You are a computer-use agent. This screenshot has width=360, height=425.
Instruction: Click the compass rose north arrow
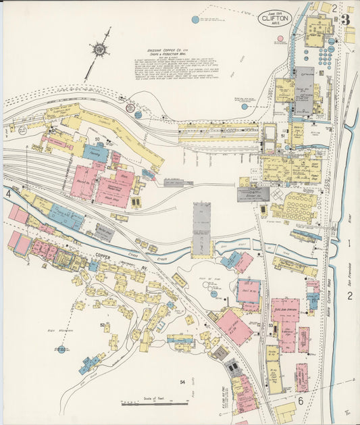(99, 49)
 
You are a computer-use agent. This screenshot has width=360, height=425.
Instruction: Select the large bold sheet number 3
(345, 20)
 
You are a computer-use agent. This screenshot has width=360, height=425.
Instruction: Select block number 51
(282, 135)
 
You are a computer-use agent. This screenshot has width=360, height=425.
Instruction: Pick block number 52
(103, 325)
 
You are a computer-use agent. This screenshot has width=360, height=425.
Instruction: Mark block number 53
(269, 326)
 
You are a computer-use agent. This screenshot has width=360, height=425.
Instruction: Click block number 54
(182, 382)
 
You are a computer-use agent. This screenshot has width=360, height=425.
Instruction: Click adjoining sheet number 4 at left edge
(9, 194)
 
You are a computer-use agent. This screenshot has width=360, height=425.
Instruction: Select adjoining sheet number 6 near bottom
(301, 401)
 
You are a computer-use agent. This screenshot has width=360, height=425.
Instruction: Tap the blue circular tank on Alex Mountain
(61, 349)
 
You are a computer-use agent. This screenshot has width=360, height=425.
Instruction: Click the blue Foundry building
(95, 153)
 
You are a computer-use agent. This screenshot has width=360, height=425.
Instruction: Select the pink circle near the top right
(280, 39)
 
